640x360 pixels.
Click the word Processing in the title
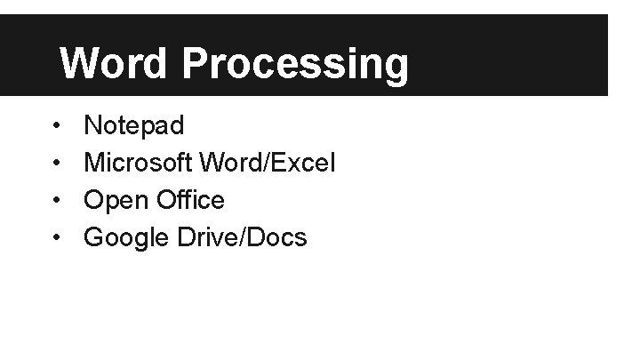tap(296, 65)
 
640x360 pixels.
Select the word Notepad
tap(134, 125)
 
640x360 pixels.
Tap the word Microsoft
tap(140, 163)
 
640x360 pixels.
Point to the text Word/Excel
tap(268, 163)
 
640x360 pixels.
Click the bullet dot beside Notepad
tap(56, 126)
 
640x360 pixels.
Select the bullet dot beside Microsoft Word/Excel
tap(56, 164)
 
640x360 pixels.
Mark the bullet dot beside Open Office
tap(56, 201)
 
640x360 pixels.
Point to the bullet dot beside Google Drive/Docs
tap(56, 238)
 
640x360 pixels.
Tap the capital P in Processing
tap(197, 63)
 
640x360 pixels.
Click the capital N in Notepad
tap(92, 125)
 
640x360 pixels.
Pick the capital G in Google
tap(93, 237)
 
